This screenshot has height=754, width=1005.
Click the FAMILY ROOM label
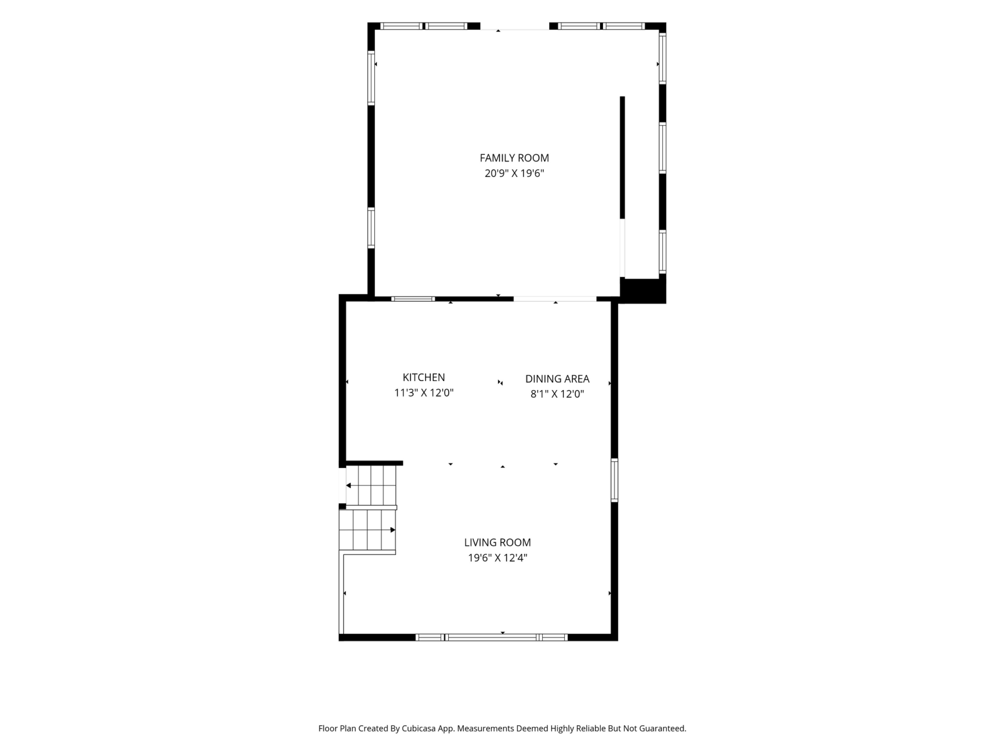click(514, 158)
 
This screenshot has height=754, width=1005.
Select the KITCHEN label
click(423, 377)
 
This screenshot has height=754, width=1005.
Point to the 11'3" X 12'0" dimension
click(423, 393)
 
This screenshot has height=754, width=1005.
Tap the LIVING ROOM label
click(498, 542)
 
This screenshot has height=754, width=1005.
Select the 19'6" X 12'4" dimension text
click(498, 558)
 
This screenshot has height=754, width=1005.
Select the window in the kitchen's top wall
click(413, 299)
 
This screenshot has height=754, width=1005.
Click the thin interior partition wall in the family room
click(622, 157)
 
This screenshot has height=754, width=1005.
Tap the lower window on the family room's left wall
click(371, 228)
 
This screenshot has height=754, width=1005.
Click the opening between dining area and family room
click(555, 299)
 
